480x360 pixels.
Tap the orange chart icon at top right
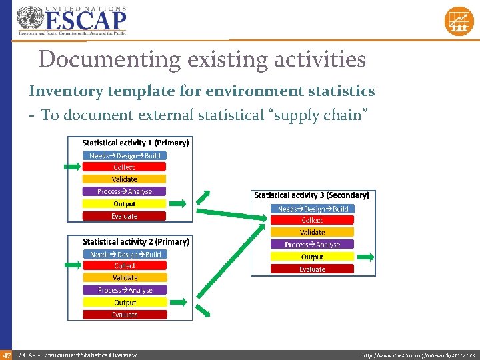(459, 21)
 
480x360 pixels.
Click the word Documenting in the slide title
(109, 59)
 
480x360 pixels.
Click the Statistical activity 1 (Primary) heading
(135, 143)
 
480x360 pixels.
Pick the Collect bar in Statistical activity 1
(124, 167)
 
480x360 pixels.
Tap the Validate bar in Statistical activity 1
(124, 179)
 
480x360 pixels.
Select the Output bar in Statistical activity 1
(124, 203)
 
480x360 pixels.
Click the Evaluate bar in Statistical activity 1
(124, 216)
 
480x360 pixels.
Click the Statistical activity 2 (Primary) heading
(135, 241)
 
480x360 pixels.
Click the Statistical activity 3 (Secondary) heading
(311, 195)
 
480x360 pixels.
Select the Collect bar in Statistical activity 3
(312, 220)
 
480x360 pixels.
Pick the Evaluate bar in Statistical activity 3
(312, 269)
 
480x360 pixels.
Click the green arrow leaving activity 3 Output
(366, 257)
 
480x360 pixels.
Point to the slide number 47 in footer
(6, 355)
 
